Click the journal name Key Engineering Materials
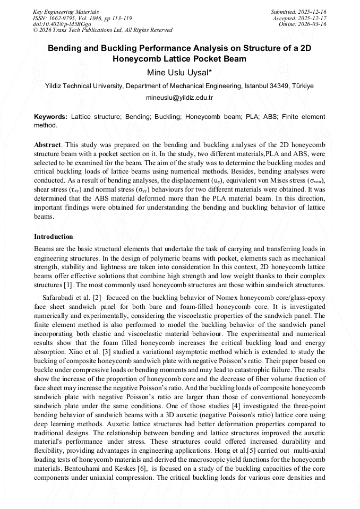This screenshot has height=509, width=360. point(65,11)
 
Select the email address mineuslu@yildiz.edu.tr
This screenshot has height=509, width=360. point(179,98)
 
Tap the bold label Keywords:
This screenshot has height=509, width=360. point(50,116)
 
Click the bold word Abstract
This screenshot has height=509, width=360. point(48,145)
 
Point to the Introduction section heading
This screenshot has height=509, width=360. point(54,236)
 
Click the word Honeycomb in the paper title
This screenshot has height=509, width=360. point(137,59)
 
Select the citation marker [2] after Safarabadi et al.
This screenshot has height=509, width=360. point(97,298)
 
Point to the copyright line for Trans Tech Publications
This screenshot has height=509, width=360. point(102,30)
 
